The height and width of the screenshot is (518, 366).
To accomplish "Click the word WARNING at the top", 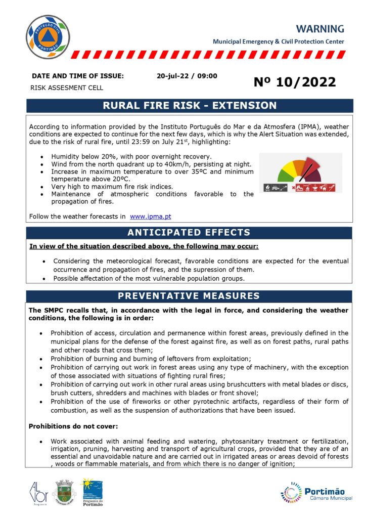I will [320, 29].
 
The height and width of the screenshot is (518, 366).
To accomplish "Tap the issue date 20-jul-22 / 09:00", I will [187, 76].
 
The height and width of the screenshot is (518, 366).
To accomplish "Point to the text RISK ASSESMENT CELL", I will [67, 88].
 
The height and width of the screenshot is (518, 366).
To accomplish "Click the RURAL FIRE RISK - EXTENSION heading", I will [190, 106].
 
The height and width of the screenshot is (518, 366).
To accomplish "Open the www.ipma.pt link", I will [150, 217].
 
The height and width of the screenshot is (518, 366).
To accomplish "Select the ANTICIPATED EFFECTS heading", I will [189, 233].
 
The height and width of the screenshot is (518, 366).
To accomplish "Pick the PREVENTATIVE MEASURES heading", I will [189, 296].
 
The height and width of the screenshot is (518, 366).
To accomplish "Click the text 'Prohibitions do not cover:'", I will [69, 426].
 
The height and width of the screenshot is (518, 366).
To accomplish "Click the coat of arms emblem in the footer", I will [64, 492].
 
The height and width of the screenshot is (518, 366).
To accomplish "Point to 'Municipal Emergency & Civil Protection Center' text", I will [279, 41].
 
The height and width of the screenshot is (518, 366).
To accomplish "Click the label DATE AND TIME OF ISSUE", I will [77, 76].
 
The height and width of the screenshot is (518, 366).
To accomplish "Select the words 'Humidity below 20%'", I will [81, 157].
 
